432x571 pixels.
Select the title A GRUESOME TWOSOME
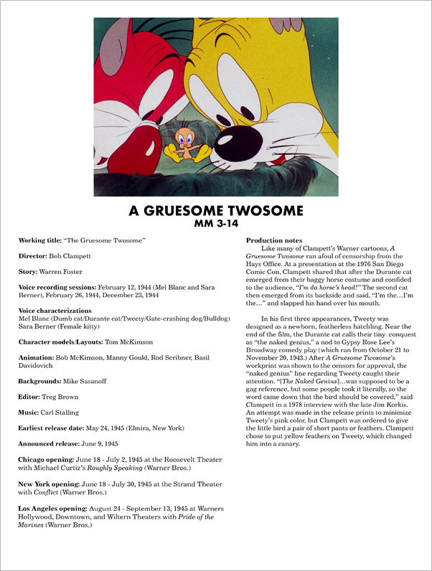215,211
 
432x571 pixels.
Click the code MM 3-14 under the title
215,223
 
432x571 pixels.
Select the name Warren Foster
64,272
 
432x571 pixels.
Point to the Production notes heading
274,240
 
